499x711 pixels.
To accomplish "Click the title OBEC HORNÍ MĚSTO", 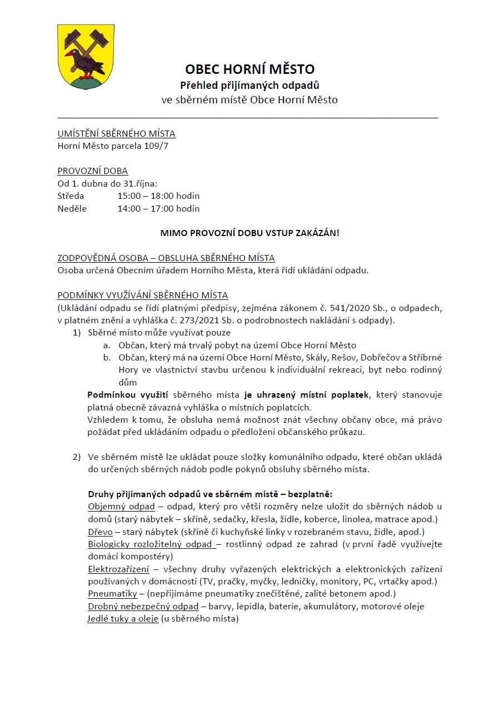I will pyautogui.click(x=249, y=69).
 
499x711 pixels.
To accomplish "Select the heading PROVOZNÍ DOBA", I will pyautogui.click(x=92, y=171).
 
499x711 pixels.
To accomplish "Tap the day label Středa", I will pyautogui.click(x=71, y=196).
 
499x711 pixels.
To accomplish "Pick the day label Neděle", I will pyautogui.click(x=72, y=209).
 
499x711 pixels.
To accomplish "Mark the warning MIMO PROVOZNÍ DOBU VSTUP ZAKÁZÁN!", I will pyautogui.click(x=249, y=233).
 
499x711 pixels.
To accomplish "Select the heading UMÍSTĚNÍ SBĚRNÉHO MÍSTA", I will pyautogui.click(x=116, y=134).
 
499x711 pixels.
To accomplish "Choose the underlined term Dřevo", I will pyautogui.click(x=100, y=532).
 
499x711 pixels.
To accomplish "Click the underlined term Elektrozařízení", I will pyautogui.click(x=118, y=569).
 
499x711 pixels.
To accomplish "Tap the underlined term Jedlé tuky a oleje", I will pyautogui.click(x=123, y=619).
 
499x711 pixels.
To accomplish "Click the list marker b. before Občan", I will pyautogui.click(x=107, y=358).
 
